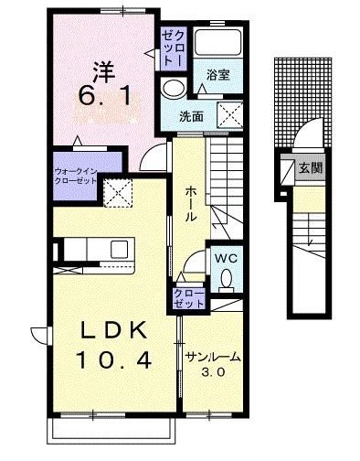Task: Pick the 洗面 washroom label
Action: coord(191,116)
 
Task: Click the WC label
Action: coord(226,259)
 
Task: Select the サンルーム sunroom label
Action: coord(214,357)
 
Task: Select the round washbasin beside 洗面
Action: coord(172,88)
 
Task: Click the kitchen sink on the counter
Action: coord(119,249)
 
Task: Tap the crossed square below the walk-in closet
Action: coord(117,192)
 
